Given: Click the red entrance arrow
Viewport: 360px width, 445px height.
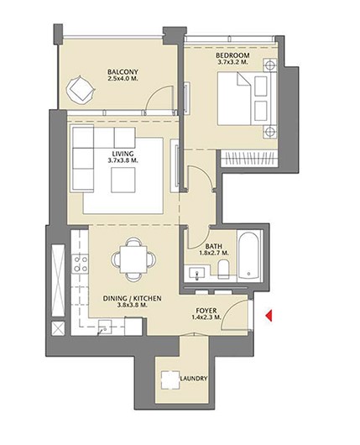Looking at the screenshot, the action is [269, 316].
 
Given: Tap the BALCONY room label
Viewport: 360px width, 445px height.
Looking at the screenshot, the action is [123, 72].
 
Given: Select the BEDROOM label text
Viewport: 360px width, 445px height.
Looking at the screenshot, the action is [232, 55].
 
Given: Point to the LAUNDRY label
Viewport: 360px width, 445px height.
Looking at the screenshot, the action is [194, 379].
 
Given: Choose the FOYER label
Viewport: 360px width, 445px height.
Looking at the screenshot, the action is [206, 311].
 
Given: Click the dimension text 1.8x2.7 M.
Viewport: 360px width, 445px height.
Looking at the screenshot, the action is [214, 253].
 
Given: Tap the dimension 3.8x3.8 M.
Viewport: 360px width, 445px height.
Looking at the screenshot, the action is [133, 306].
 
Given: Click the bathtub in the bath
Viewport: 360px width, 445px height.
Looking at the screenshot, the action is [248, 255].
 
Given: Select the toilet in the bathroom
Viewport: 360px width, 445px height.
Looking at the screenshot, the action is [223, 269].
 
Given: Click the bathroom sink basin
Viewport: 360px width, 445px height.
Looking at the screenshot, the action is [196, 274].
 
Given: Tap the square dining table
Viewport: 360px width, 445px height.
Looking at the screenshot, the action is [133, 259].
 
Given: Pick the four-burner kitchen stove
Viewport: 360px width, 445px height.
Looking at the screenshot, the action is [80, 264].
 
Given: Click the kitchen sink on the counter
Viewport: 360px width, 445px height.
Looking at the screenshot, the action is [105, 327].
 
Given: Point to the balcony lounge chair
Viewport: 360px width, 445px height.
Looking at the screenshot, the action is [81, 90].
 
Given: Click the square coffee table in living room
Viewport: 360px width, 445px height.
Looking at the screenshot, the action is [123, 181].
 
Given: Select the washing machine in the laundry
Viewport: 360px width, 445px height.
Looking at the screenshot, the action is [170, 380].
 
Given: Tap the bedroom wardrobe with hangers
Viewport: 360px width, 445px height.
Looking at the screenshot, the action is [249, 158].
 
